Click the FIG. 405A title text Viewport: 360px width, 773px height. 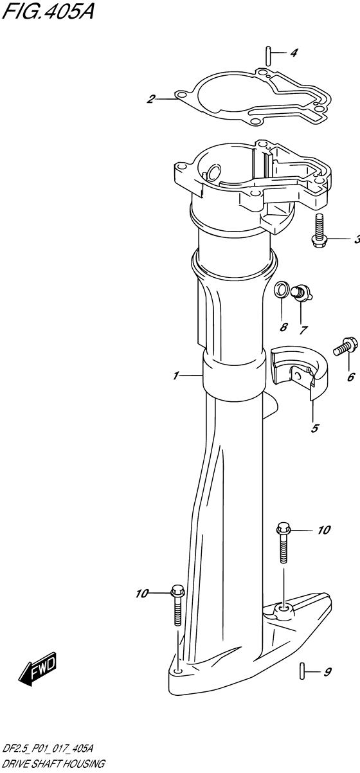[48, 13]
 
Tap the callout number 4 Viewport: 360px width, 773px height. [293, 53]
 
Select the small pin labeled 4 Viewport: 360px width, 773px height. [268, 55]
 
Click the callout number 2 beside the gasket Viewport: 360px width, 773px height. [150, 100]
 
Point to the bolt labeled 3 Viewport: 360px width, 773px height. [319, 230]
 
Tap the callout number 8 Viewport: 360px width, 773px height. [283, 327]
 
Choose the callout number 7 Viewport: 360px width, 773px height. [303, 331]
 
